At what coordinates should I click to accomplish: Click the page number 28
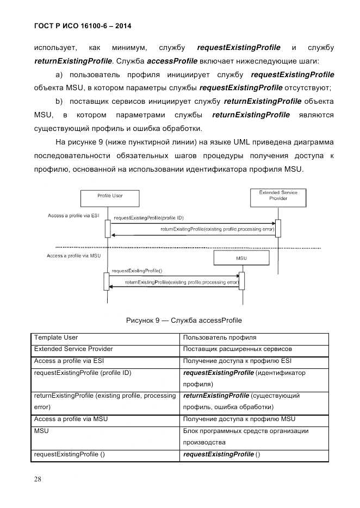(x=38, y=479)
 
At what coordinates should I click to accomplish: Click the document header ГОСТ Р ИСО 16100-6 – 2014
(x=83, y=26)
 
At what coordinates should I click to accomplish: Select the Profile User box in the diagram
(x=110, y=197)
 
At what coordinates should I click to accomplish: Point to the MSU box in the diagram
(x=241, y=258)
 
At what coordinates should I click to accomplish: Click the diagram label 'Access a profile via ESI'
(x=73, y=216)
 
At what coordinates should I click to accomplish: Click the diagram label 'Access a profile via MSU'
(x=74, y=255)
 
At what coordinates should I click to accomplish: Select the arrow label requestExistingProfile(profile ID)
(x=148, y=218)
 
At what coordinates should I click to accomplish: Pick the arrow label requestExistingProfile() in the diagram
(x=137, y=270)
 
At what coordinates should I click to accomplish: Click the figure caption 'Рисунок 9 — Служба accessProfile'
(x=184, y=320)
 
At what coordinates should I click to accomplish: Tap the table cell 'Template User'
(x=56, y=338)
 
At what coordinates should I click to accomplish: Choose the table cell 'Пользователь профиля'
(x=220, y=338)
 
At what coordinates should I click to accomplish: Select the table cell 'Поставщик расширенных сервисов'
(x=238, y=349)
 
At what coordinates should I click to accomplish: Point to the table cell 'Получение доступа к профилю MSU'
(x=239, y=419)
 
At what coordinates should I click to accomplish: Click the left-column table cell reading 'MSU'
(x=41, y=431)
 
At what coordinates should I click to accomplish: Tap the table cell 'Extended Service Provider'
(x=73, y=349)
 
